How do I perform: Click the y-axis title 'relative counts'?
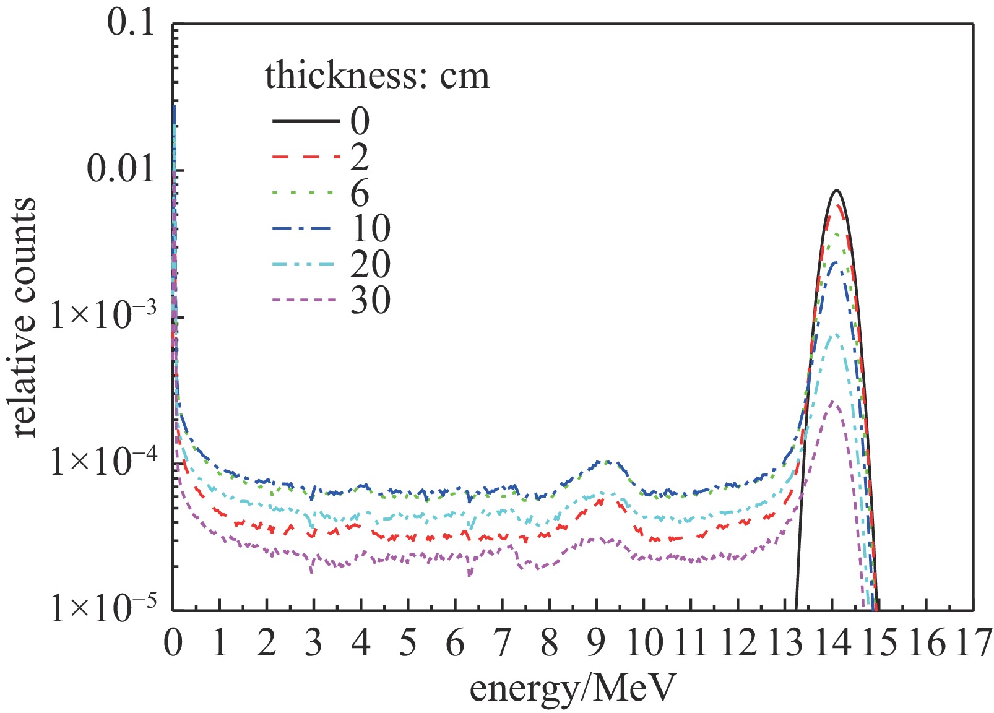tap(25, 317)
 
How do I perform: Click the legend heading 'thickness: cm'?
tap(377, 76)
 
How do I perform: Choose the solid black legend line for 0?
tap(306, 121)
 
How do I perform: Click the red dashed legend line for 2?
tap(306, 157)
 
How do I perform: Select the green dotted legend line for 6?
tap(306, 193)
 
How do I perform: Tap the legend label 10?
tap(371, 228)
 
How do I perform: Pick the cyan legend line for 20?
tap(306, 265)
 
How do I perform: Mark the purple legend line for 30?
tap(306, 301)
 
